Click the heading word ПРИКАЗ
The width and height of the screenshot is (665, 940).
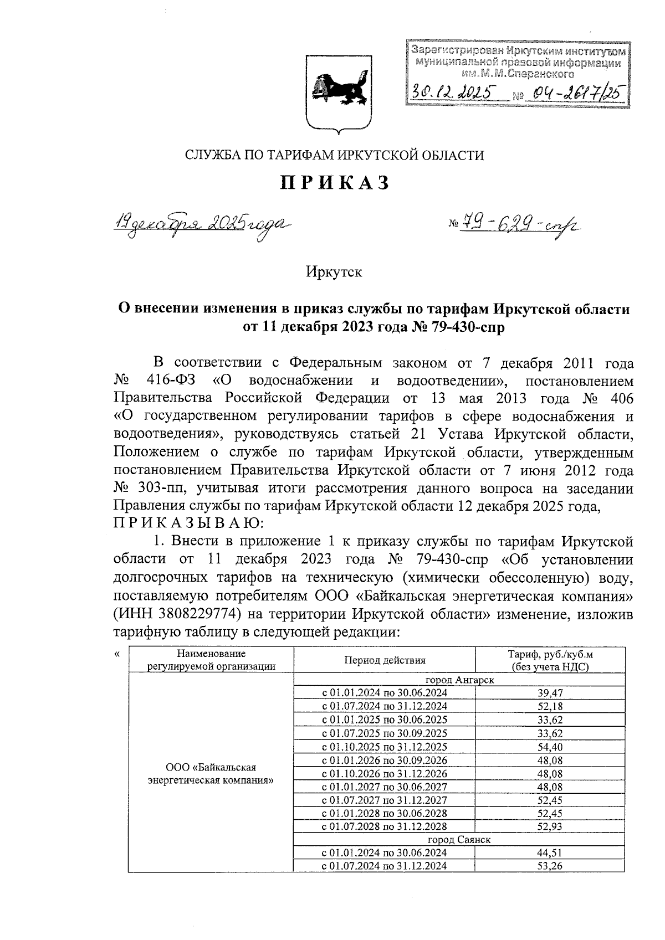tap(334, 183)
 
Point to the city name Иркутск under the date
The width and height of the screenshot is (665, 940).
tap(334, 272)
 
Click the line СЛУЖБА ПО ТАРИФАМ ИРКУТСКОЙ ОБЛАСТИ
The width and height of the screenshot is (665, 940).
tap(334, 155)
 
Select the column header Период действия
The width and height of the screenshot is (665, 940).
tap(384, 660)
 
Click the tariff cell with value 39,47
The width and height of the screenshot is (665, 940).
tap(550, 693)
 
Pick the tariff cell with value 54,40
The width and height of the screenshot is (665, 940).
tap(550, 747)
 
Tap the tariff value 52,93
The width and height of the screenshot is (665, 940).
tap(550, 826)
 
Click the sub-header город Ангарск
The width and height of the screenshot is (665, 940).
tap(459, 680)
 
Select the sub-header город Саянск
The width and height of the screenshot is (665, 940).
tap(459, 840)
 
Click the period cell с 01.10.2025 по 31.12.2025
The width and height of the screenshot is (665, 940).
tap(384, 747)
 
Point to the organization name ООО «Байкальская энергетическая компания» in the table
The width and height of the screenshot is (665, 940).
tap(211, 773)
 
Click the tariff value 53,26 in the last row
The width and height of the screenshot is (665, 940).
tap(550, 866)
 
